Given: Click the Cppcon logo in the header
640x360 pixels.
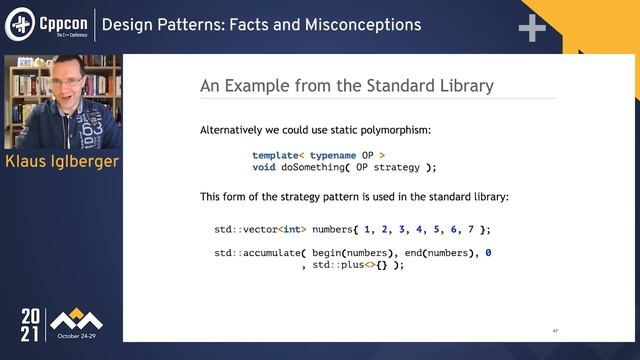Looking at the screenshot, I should coord(46,23).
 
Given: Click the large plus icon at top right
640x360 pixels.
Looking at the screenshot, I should coord(531,28).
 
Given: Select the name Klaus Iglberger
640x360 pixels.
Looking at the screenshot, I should coord(62,163).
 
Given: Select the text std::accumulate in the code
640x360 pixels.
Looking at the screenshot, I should coord(250,253).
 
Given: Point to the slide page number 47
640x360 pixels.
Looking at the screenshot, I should coord(555,330).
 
